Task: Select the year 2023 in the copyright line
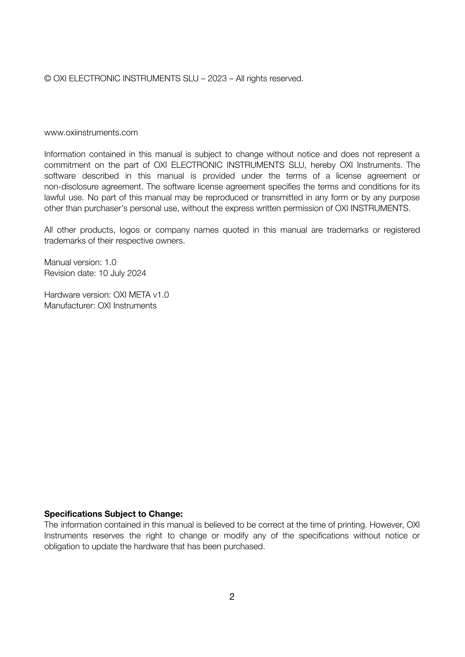point(217,78)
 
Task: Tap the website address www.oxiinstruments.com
point(91,133)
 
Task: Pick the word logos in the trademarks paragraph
point(129,230)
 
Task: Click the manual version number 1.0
point(110,262)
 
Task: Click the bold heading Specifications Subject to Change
point(113,514)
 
